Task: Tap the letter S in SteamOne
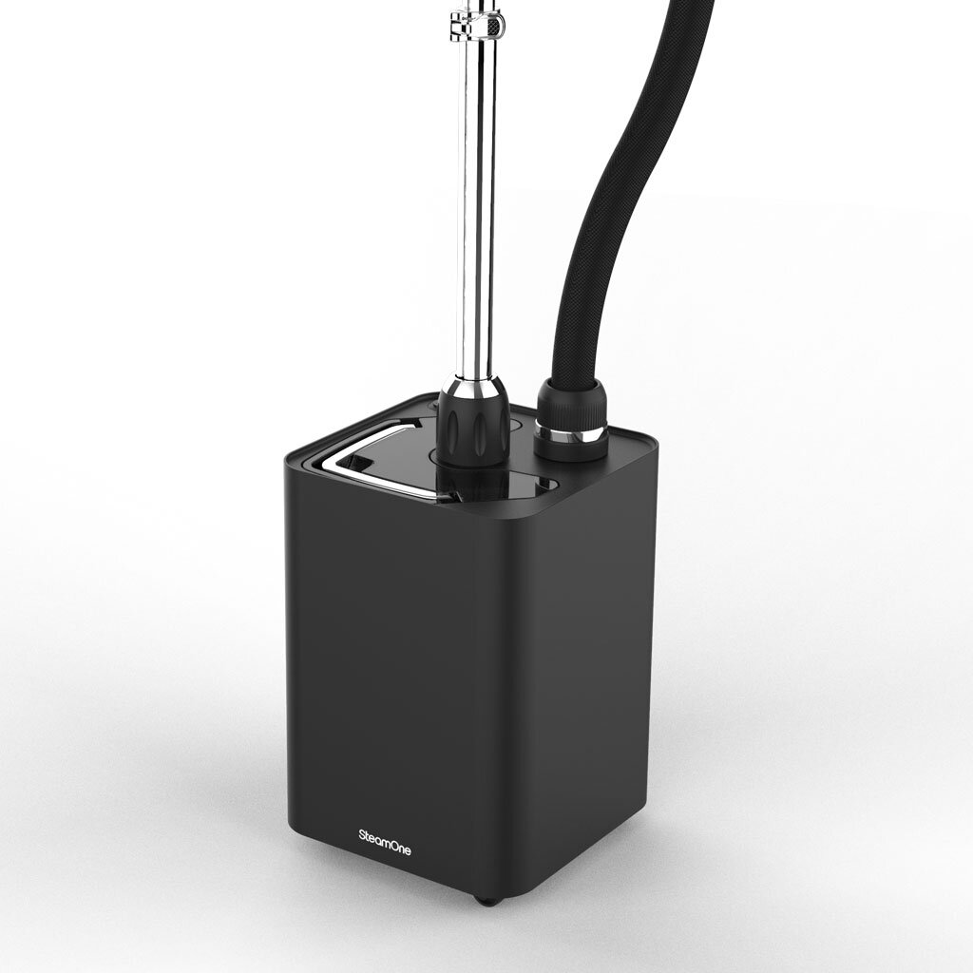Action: [x=362, y=834]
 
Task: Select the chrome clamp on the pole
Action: [x=476, y=26]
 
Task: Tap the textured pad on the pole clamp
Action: [x=493, y=26]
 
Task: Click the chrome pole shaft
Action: [x=477, y=205]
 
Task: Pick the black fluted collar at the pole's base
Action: [x=474, y=429]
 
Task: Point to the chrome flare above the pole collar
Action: [x=475, y=385]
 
